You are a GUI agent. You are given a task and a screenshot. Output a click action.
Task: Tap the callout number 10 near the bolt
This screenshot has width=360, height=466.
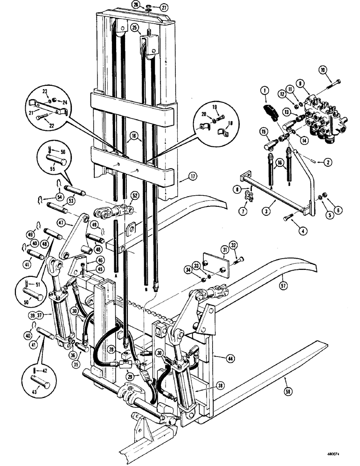[x=323, y=70]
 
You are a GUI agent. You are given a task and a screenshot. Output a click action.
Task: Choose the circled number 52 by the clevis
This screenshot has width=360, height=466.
[x=134, y=195]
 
